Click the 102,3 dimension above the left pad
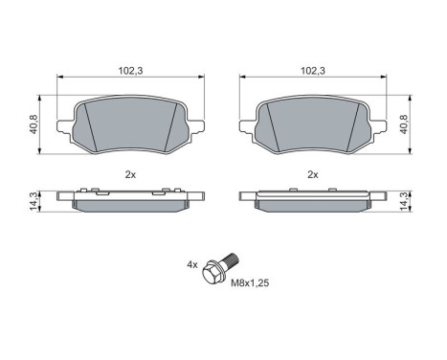click(130, 71)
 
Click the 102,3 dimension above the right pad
click(313, 71)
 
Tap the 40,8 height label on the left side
click(34, 124)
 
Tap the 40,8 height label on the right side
click(404, 124)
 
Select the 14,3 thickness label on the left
click(34, 201)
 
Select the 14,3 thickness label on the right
click(404, 201)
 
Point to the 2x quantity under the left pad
click(130, 174)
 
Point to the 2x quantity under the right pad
click(313, 174)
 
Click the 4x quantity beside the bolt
click(192, 264)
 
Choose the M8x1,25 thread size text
click(250, 282)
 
